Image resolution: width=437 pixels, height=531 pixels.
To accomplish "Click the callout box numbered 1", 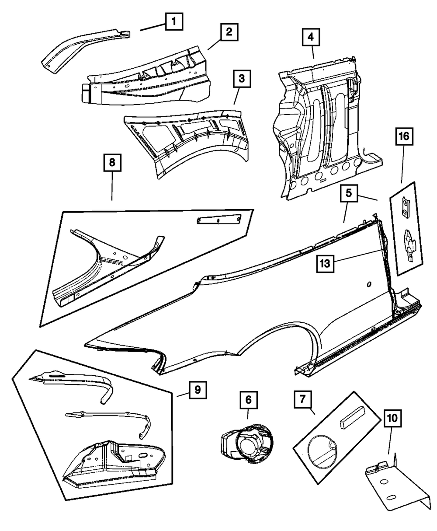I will pyautogui.click(x=174, y=21).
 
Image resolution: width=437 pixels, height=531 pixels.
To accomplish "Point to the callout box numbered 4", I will pyautogui.click(x=310, y=37).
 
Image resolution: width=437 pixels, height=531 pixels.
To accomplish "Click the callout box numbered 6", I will pyautogui.click(x=248, y=399).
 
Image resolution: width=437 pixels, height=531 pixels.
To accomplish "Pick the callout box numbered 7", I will pyautogui.click(x=302, y=400).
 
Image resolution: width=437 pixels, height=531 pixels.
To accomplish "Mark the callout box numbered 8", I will pyautogui.click(x=112, y=163).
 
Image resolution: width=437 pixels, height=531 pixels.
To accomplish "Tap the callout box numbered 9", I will pyautogui.click(x=198, y=389).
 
